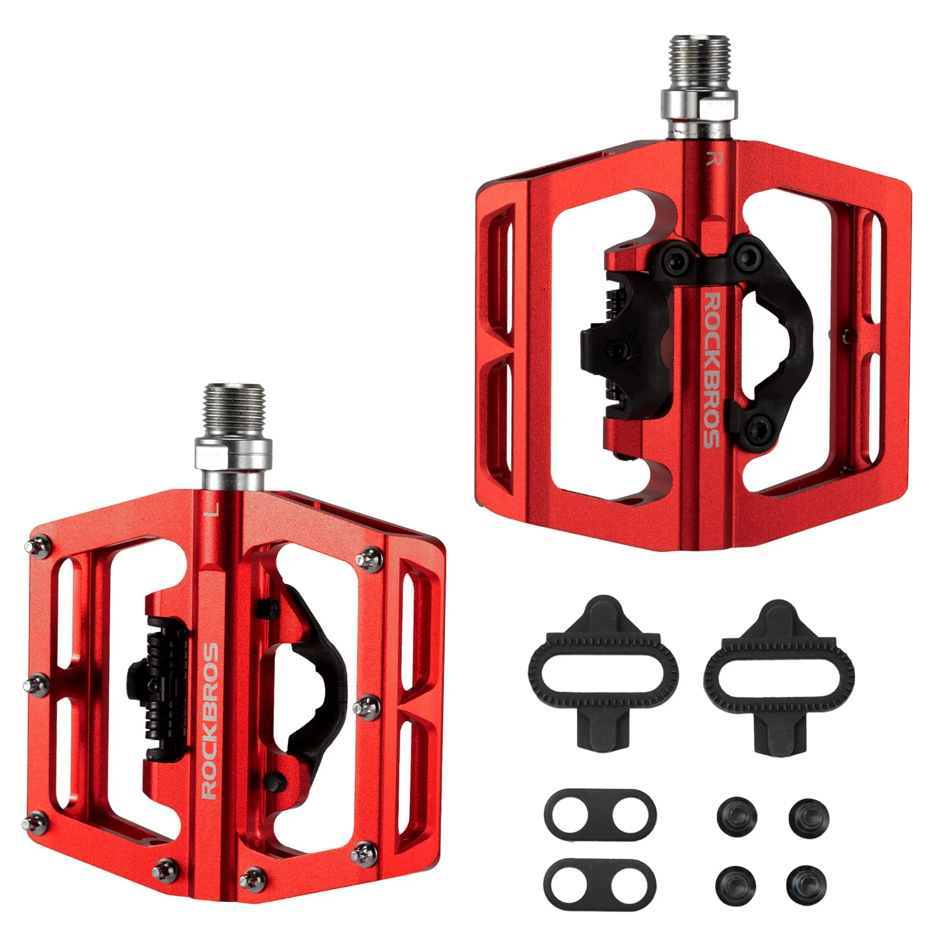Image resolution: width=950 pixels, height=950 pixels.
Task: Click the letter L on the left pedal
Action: (x=215, y=509)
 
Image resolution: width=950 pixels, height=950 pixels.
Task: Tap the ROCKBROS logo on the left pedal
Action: (x=210, y=720)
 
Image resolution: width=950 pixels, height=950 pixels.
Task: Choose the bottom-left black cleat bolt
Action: (x=736, y=884)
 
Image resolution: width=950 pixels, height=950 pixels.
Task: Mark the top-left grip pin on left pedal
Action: (x=37, y=548)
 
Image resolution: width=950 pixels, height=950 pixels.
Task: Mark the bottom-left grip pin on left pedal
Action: (x=36, y=822)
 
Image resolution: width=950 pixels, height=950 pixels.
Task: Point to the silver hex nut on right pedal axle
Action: (x=699, y=104)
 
